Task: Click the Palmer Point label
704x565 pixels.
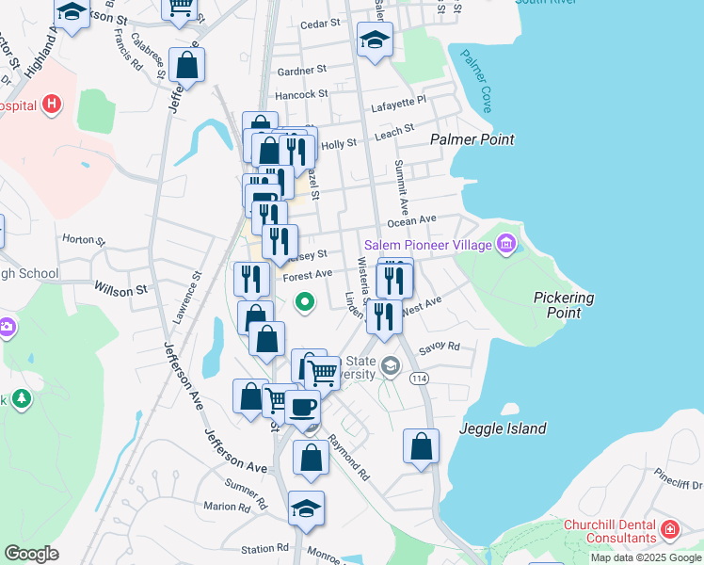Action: click(x=472, y=139)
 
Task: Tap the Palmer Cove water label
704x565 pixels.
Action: click(x=474, y=81)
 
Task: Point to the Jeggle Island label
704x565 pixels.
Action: click(x=503, y=428)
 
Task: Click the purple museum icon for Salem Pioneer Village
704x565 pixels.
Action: click(x=506, y=245)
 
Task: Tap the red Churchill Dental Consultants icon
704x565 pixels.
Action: click(x=669, y=529)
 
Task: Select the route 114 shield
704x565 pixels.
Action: click(x=417, y=378)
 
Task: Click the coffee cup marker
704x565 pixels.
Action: click(x=302, y=408)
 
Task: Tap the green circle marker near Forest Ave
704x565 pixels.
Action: click(x=304, y=302)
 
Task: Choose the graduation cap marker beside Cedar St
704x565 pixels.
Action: click(x=375, y=40)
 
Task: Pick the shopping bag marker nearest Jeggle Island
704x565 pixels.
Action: click(x=421, y=445)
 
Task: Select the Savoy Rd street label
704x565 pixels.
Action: click(x=440, y=347)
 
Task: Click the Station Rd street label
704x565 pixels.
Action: click(x=264, y=548)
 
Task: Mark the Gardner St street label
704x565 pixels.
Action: click(x=301, y=70)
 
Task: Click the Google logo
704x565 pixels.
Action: click(x=31, y=554)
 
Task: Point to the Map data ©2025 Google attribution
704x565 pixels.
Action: click(x=646, y=557)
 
